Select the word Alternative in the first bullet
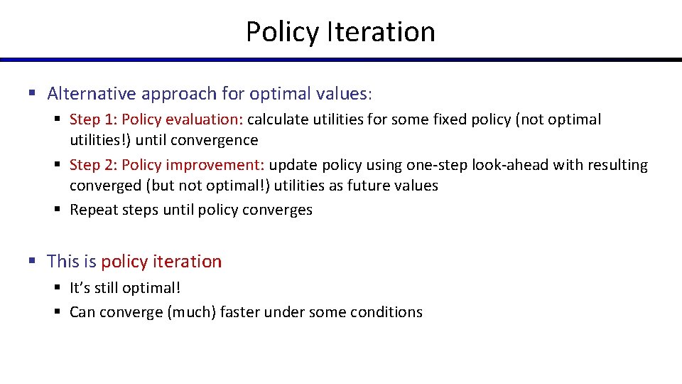pos(90,93)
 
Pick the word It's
pos(80,288)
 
